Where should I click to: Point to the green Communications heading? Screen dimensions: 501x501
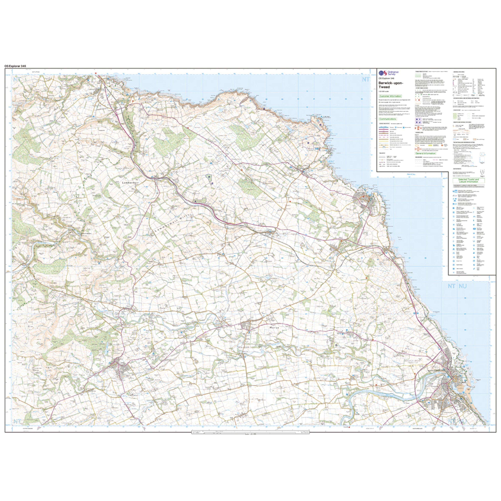pos(388,119)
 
